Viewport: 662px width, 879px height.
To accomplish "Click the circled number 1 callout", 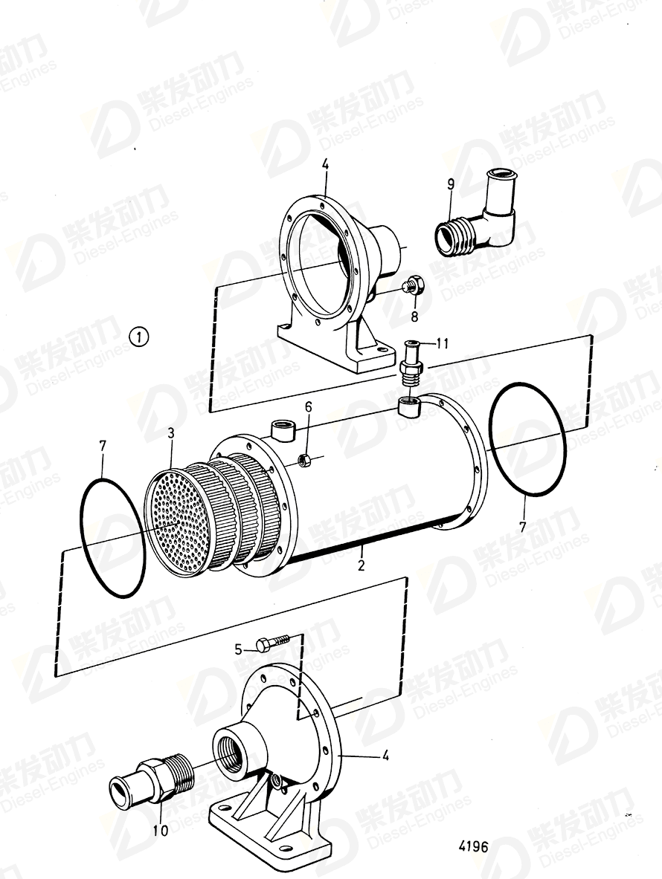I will [x=139, y=337].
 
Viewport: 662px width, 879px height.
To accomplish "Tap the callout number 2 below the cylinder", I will [x=361, y=565].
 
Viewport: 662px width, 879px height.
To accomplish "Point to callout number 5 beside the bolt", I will [x=239, y=649].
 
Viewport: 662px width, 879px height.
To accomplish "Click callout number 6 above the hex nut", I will [x=309, y=406].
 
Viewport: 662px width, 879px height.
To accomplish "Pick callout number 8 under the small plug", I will [x=415, y=316].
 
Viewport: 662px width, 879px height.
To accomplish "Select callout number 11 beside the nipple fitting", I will [x=443, y=343].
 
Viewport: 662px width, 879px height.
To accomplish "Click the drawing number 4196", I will [x=473, y=846].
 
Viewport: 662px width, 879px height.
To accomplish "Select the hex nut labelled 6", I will [x=303, y=460].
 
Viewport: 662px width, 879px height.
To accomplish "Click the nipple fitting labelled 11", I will [x=410, y=362].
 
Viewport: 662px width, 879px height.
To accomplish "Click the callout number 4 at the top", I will [x=325, y=164].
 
